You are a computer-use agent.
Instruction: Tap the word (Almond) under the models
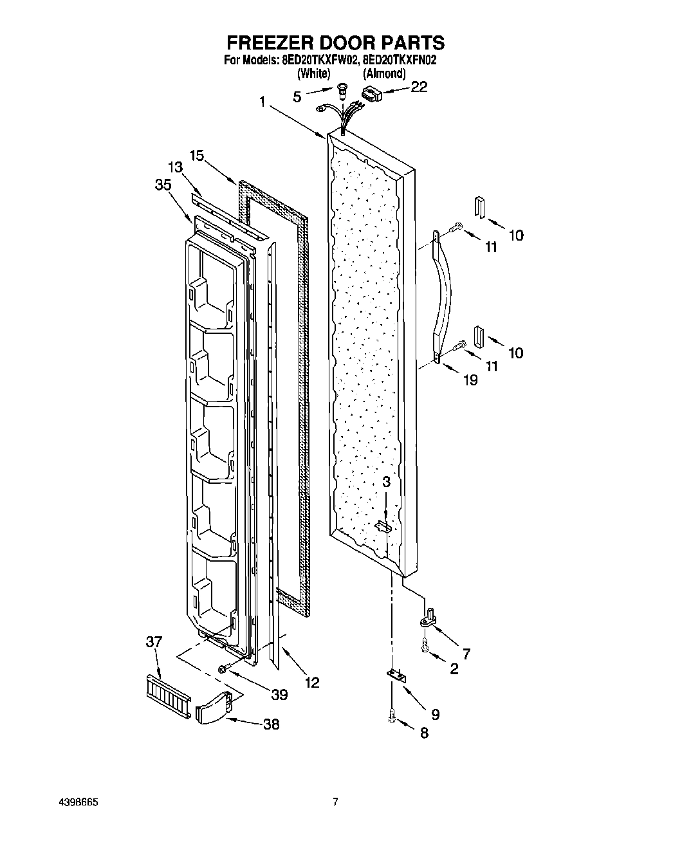384,73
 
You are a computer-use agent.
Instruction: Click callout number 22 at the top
418,87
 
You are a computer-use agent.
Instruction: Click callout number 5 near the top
297,97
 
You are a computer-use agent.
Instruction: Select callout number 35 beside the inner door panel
163,185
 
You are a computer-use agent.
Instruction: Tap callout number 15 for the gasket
197,155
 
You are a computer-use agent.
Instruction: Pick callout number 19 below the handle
470,380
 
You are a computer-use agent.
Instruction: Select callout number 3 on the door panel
386,482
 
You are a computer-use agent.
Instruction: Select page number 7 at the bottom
335,802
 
